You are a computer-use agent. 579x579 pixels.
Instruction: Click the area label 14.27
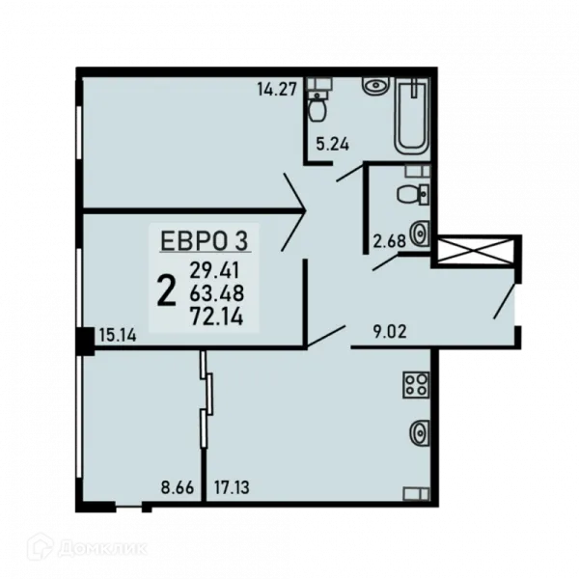pyautogui.click(x=277, y=90)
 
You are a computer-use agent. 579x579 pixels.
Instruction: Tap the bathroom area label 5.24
pyautogui.click(x=332, y=144)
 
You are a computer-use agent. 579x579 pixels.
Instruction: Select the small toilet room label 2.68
pyautogui.click(x=389, y=241)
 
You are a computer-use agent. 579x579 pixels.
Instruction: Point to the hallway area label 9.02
pyautogui.click(x=390, y=332)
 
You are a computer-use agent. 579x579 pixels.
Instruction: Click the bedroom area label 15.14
pyautogui.click(x=118, y=335)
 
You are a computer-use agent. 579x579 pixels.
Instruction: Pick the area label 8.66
pyautogui.click(x=178, y=487)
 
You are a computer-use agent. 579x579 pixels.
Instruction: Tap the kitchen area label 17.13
pyautogui.click(x=232, y=487)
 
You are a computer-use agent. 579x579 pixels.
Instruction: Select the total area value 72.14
pyautogui.click(x=216, y=317)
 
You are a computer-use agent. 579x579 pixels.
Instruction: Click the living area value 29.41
pyautogui.click(x=214, y=270)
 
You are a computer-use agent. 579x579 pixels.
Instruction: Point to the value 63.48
pyautogui.click(x=217, y=293)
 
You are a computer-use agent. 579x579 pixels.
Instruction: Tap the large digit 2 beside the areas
pyautogui.click(x=166, y=292)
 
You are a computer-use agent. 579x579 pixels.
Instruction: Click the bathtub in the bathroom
pyautogui.click(x=413, y=116)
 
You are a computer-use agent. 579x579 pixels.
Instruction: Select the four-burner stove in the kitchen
pyautogui.click(x=416, y=385)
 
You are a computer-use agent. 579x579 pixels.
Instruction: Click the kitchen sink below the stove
pyautogui.click(x=419, y=433)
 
